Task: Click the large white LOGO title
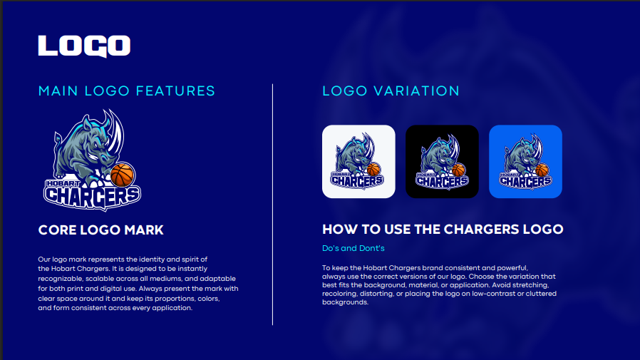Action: point(84,46)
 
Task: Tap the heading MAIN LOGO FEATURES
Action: point(127,91)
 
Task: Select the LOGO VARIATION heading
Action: point(391,91)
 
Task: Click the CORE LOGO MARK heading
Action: point(100,230)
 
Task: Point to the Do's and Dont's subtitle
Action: point(353,248)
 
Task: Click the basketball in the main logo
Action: point(123,175)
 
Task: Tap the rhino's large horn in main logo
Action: point(115,130)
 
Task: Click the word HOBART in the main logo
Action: point(63,183)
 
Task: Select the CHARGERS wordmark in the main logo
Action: point(92,197)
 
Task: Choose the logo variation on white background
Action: point(358,162)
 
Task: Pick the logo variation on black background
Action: point(442,162)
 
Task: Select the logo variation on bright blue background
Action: point(526,162)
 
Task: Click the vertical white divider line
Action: point(273,205)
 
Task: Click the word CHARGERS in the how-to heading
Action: point(461,230)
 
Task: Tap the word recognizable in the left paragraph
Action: point(61,279)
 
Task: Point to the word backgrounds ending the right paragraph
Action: point(346,302)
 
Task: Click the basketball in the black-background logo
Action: point(458,170)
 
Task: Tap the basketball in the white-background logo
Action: point(373,169)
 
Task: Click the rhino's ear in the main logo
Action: point(86,123)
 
